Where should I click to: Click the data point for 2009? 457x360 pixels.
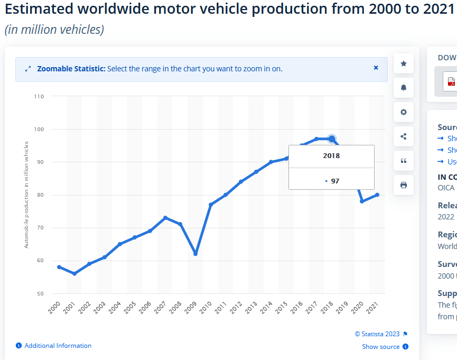point(195,254)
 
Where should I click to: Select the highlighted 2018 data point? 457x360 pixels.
point(331,139)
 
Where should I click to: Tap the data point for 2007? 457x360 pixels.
point(165,218)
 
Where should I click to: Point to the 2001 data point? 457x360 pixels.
point(74,273)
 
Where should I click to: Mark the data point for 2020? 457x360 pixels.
point(362,201)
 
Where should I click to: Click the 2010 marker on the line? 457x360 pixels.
point(211,205)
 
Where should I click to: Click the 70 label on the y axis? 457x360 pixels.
point(40,228)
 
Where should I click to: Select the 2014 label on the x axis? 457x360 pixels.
point(266,308)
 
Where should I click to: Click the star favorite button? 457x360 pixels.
point(404,63)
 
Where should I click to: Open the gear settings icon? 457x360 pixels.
point(404,112)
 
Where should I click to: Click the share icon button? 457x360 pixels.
point(404,136)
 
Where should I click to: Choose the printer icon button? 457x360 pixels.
point(404,185)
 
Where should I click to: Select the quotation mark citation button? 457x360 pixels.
point(404,161)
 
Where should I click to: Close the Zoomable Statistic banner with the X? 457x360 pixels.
point(376,68)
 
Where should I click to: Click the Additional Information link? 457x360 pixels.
point(58,346)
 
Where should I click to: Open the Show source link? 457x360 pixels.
point(380,347)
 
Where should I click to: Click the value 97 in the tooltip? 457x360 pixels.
point(335,181)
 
